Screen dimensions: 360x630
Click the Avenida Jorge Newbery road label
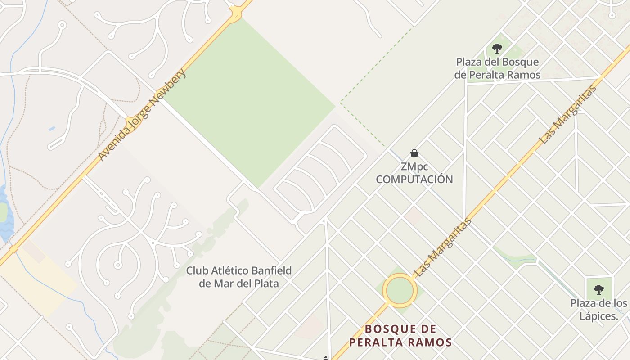(x=142, y=115)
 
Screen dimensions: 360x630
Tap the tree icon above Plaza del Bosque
(x=497, y=49)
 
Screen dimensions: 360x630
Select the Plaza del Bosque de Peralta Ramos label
(x=497, y=68)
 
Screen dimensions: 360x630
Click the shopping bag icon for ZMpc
(x=414, y=153)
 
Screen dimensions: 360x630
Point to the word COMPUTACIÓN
(x=414, y=180)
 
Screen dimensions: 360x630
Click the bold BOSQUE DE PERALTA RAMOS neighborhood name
(x=400, y=336)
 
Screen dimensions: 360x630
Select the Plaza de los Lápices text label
(x=598, y=309)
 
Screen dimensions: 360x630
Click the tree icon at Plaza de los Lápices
(x=598, y=289)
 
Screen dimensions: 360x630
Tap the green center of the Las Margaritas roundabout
(x=400, y=291)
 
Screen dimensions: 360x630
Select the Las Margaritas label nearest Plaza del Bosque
(x=568, y=115)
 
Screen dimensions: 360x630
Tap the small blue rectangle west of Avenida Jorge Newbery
(x=52, y=129)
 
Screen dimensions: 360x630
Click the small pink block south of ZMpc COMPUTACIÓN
(x=413, y=216)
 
